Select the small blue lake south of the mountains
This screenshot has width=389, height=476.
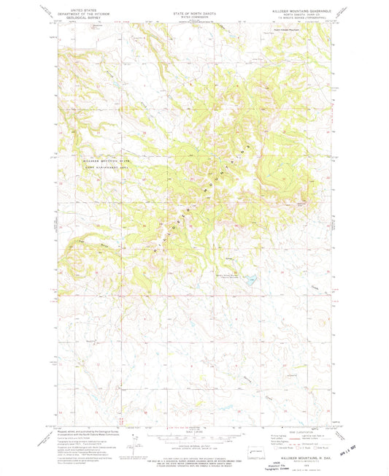pyautogui.click(x=250, y=280)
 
